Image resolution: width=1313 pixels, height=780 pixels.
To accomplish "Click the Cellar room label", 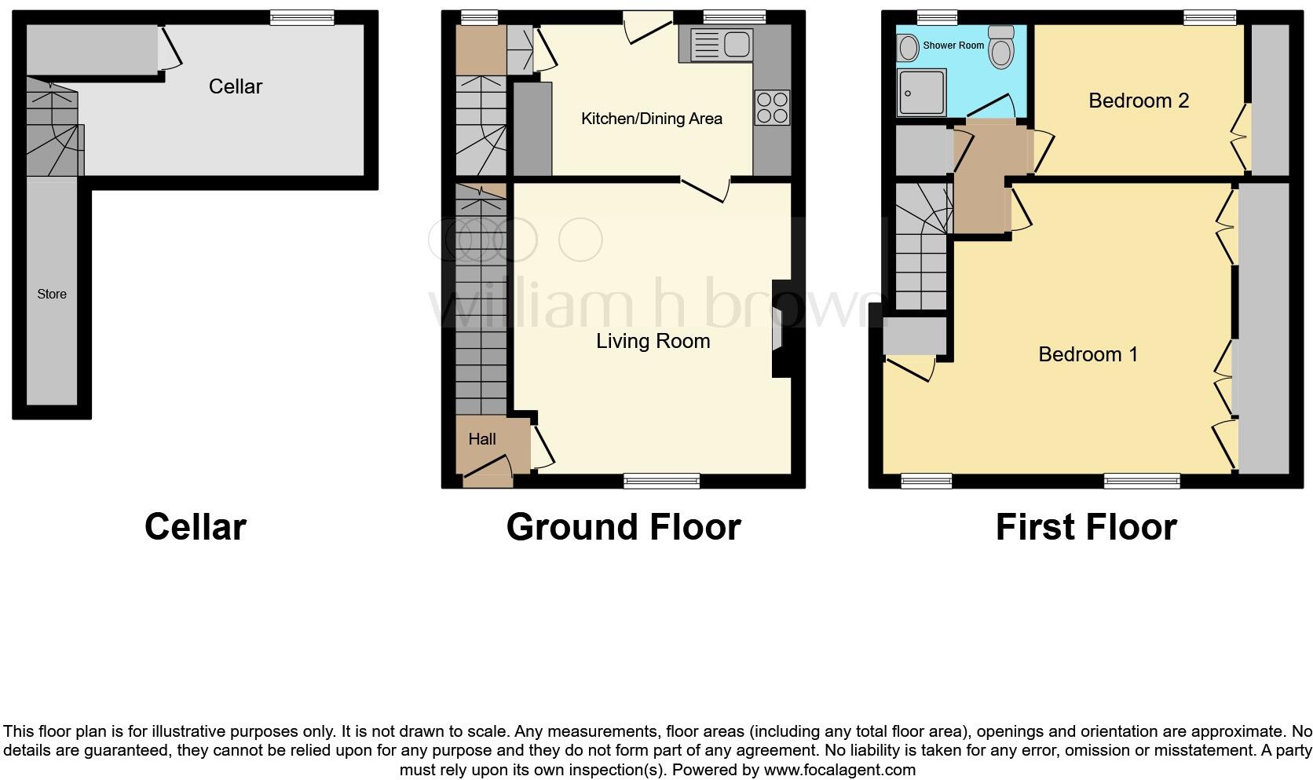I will pyautogui.click(x=235, y=86).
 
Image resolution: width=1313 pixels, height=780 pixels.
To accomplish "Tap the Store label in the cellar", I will pyautogui.click(x=52, y=294).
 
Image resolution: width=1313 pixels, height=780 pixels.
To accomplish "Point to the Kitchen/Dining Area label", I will pyautogui.click(x=651, y=119).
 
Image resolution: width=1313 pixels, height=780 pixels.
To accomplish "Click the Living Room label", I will pyautogui.click(x=653, y=341).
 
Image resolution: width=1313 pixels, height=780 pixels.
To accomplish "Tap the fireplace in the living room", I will pyautogui.click(x=780, y=328).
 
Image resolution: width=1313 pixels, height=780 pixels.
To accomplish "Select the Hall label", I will pyautogui.click(x=481, y=439).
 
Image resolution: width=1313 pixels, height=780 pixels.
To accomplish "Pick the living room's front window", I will pyautogui.click(x=661, y=481).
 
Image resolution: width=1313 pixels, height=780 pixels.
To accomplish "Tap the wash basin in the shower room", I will pyautogui.click(x=909, y=48).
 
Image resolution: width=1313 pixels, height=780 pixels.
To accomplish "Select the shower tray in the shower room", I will pyautogui.click(x=922, y=92).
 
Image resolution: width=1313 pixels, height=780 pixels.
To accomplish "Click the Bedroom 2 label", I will pyautogui.click(x=1138, y=101).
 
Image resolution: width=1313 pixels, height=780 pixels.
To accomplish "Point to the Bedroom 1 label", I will pyautogui.click(x=1087, y=354).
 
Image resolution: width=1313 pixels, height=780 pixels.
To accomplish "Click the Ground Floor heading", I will pyautogui.click(x=623, y=527).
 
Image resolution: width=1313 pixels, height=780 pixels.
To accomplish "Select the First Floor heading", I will pyautogui.click(x=1085, y=527).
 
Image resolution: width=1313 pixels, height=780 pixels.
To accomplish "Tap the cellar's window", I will pyautogui.click(x=302, y=16).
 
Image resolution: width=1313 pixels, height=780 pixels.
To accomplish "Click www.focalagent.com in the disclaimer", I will pyautogui.click(x=839, y=769).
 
